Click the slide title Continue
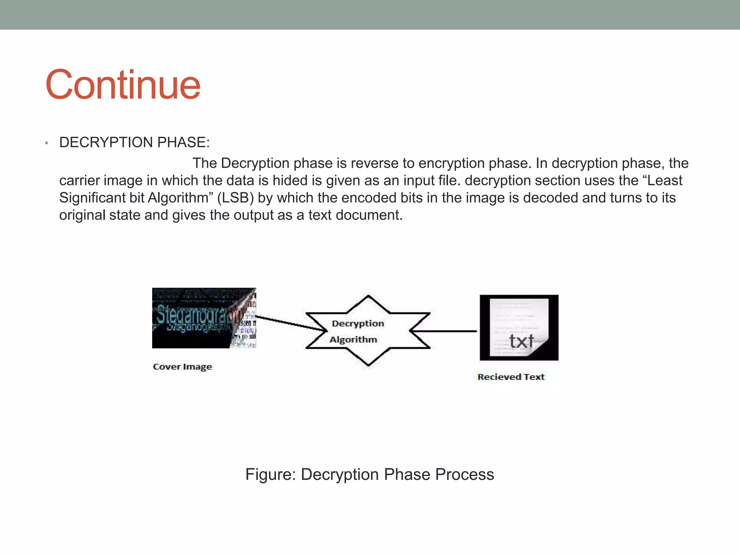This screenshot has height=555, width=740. click(123, 85)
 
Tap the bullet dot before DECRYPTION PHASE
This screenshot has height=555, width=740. click(47, 143)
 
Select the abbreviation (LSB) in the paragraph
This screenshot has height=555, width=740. click(235, 198)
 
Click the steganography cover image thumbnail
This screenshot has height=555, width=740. click(204, 318)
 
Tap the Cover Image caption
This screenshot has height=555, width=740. click(182, 367)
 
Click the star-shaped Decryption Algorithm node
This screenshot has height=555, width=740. click(368, 331)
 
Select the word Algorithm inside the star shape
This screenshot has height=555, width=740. click(353, 340)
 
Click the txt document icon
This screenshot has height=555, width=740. click(519, 327)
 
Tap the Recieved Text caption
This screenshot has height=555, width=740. click(511, 377)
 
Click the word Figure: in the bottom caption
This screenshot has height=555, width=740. click(271, 474)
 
